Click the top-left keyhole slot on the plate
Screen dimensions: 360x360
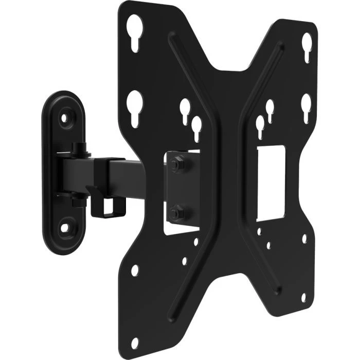[134, 32]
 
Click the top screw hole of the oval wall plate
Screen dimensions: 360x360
[64, 118]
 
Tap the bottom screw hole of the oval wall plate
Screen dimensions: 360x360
[65, 227]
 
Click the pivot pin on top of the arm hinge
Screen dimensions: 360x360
[79, 149]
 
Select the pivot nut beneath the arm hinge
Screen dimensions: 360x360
[79, 198]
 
